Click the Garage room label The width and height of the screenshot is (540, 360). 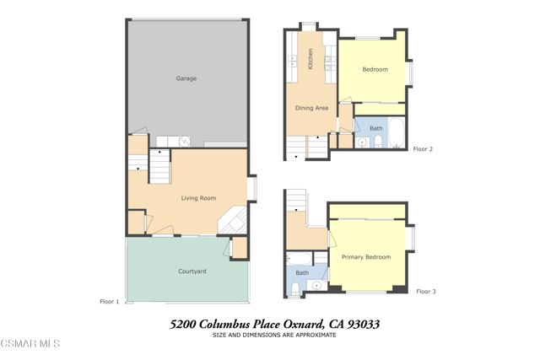[186, 78]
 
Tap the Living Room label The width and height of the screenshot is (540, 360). [199, 198]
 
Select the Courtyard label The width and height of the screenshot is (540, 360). [192, 271]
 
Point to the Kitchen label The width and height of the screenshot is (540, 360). [310, 59]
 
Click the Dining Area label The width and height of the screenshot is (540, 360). [311, 108]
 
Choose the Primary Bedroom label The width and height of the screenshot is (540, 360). [366, 257]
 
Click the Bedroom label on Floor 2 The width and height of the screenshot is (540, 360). [375, 69]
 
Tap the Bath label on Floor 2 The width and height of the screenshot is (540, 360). [376, 128]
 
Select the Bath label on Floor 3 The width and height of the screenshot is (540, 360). [302, 273]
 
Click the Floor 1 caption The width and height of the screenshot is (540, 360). [109, 302]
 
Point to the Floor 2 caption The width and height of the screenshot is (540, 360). [423, 149]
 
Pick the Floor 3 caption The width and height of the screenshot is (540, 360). [426, 292]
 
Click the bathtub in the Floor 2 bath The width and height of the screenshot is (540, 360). [397, 133]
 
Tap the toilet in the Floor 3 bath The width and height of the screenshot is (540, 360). [295, 288]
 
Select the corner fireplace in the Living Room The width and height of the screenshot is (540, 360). [233, 221]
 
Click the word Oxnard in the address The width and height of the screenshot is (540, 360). [304, 325]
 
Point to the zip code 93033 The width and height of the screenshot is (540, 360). [364, 325]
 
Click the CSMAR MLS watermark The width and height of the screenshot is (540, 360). [30, 343]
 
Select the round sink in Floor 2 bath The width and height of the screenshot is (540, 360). [362, 142]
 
